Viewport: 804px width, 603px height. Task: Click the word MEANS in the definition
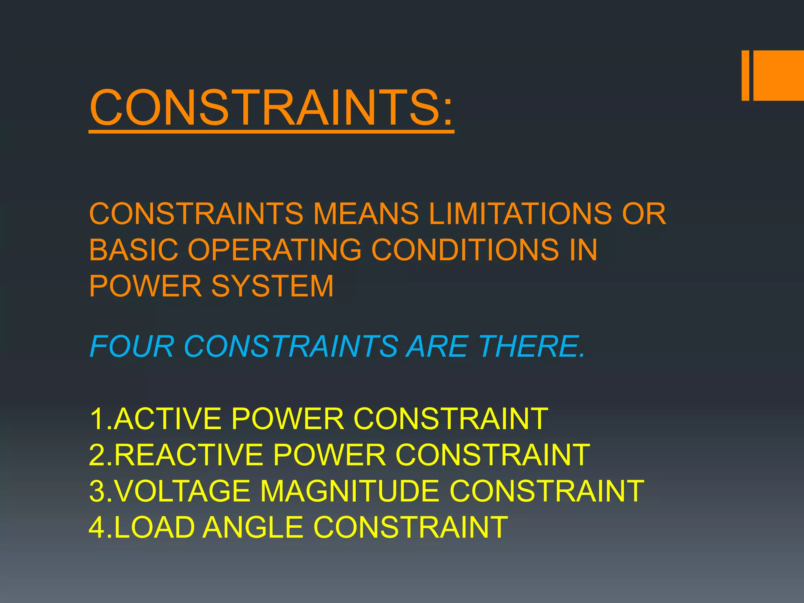tap(365, 214)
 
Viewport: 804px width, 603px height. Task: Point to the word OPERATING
tap(274, 250)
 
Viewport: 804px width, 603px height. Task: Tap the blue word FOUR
tap(132, 347)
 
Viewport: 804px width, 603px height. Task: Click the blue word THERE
tap(532, 347)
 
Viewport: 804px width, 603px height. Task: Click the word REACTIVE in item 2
tap(188, 455)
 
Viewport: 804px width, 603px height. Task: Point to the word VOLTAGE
tap(183, 491)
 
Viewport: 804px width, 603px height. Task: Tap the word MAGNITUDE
tap(349, 491)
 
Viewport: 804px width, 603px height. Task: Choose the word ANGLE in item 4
tap(254, 527)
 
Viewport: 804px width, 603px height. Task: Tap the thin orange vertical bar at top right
tap(745, 75)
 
